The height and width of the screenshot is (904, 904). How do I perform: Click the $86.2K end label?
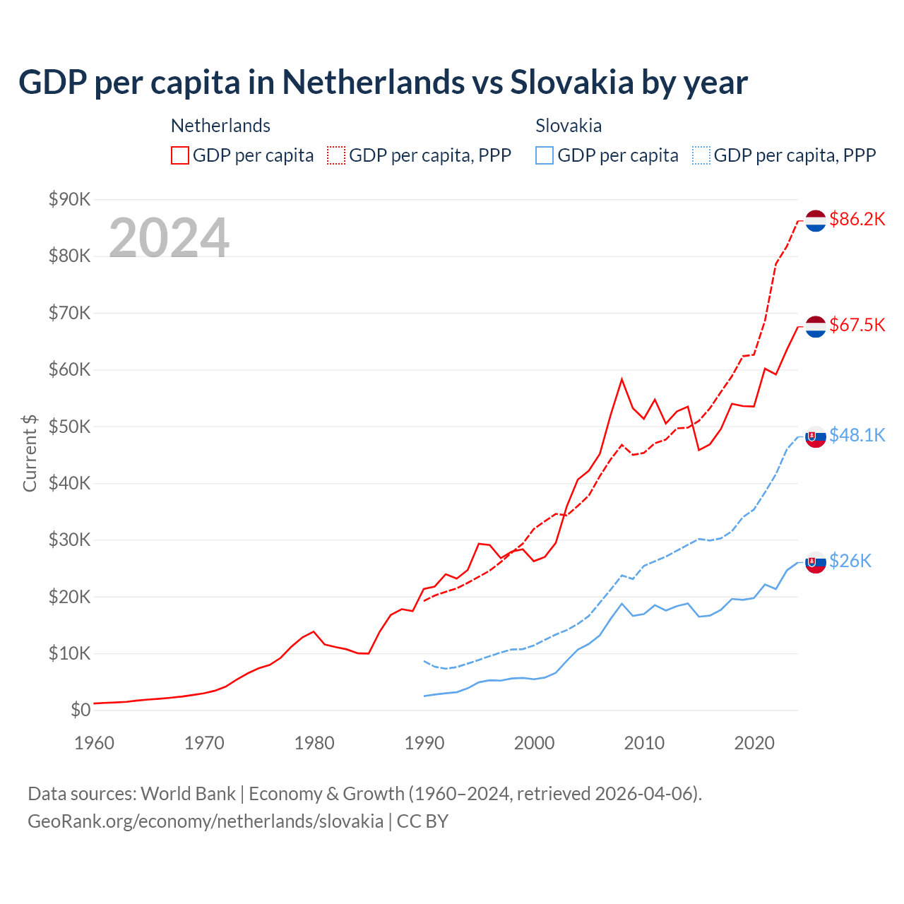pos(857,219)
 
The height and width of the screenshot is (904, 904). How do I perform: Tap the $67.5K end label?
pos(857,325)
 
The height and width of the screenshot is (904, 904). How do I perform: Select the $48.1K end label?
pos(857,435)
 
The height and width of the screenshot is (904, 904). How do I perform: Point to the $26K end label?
pos(850,561)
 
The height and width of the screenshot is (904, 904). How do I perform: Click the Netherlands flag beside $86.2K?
pos(816,220)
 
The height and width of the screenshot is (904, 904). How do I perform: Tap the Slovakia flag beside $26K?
pos(816,562)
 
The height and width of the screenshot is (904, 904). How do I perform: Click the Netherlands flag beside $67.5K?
pos(816,326)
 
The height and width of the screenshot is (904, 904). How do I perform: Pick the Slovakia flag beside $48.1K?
pos(816,437)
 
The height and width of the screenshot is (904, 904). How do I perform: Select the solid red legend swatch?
pos(180,155)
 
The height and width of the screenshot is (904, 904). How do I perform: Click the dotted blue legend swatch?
pos(701,155)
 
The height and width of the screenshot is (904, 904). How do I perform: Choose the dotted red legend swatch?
pos(336,155)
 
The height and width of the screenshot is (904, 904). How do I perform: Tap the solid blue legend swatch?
pos(545,155)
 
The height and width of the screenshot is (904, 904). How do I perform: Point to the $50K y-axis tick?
pos(69,427)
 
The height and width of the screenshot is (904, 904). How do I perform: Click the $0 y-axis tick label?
pos(81,710)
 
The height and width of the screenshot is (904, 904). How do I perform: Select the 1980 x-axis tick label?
pos(314,743)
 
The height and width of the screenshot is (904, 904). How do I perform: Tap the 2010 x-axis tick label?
pos(644,743)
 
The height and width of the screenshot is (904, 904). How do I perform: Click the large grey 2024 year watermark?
pos(169,238)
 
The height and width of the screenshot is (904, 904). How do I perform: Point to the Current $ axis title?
pos(30,453)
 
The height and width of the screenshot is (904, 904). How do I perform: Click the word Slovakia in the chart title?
pos(572,83)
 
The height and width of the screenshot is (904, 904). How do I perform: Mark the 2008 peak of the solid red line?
pos(621,379)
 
